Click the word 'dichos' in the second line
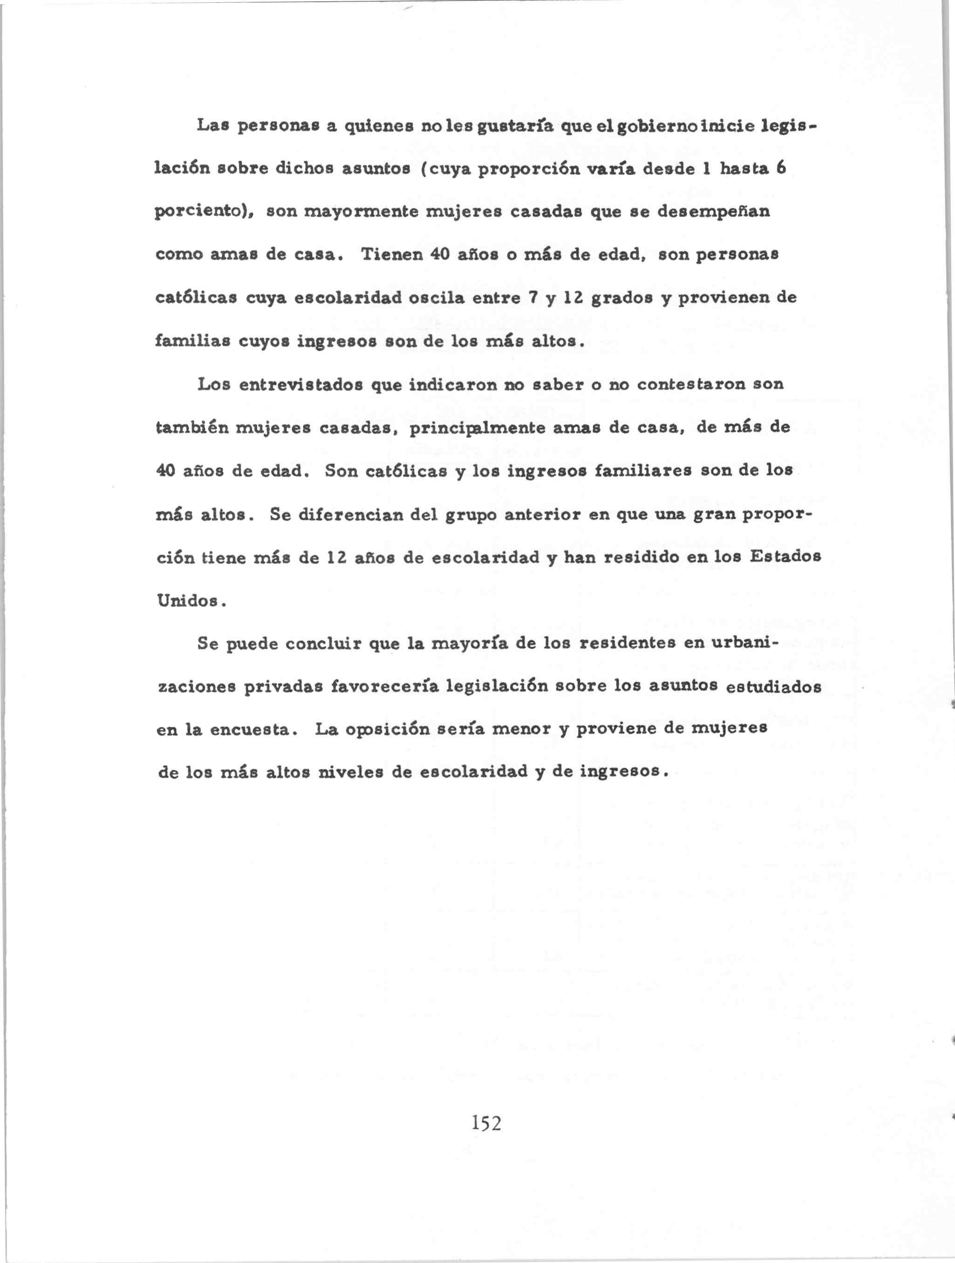tap(304, 170)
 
